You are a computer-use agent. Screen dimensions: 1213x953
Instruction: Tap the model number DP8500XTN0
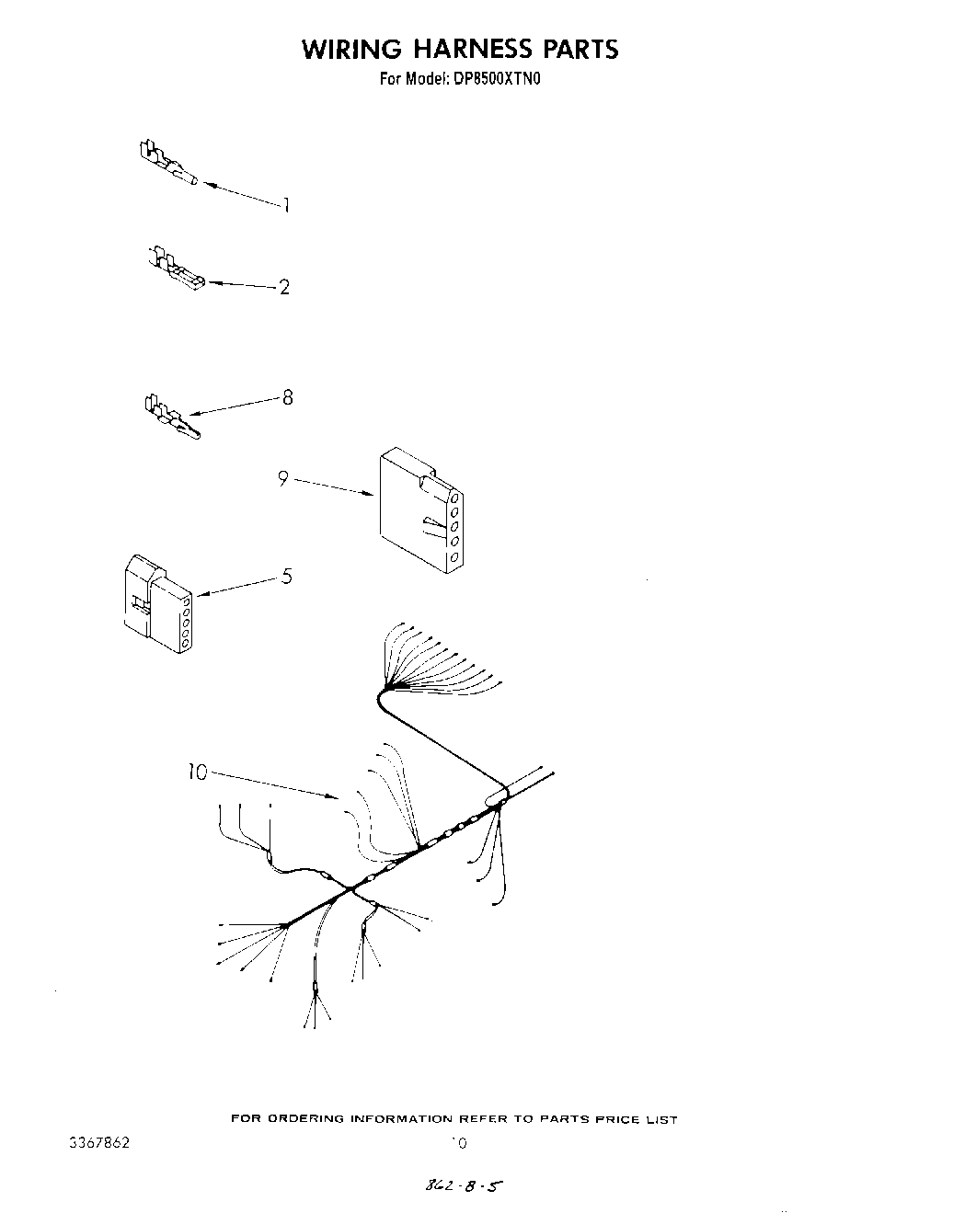tap(496, 79)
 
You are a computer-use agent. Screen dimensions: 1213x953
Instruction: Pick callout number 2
tap(284, 287)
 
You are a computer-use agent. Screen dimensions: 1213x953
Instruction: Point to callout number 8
tap(287, 398)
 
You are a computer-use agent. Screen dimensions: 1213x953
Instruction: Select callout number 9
tap(283, 478)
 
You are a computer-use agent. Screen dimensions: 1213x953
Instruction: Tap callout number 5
tap(287, 577)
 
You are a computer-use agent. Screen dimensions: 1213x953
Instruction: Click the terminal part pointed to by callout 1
tap(166, 164)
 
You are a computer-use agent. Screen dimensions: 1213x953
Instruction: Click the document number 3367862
tap(99, 1143)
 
